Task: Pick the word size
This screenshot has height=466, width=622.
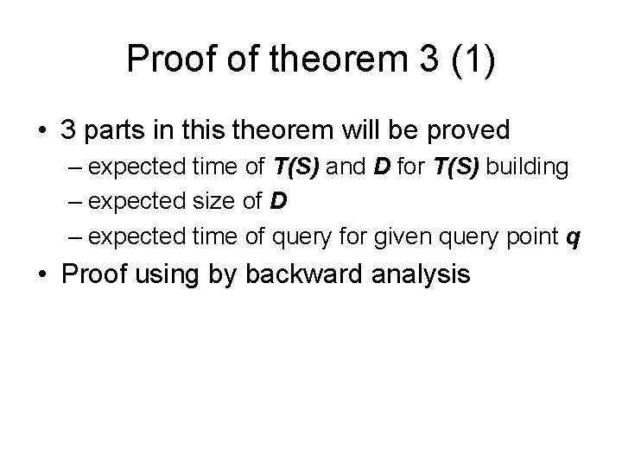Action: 218,201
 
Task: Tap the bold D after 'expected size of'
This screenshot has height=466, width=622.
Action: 278,201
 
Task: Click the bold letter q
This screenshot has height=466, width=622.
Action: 572,236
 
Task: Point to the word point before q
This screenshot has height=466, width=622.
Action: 530,236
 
